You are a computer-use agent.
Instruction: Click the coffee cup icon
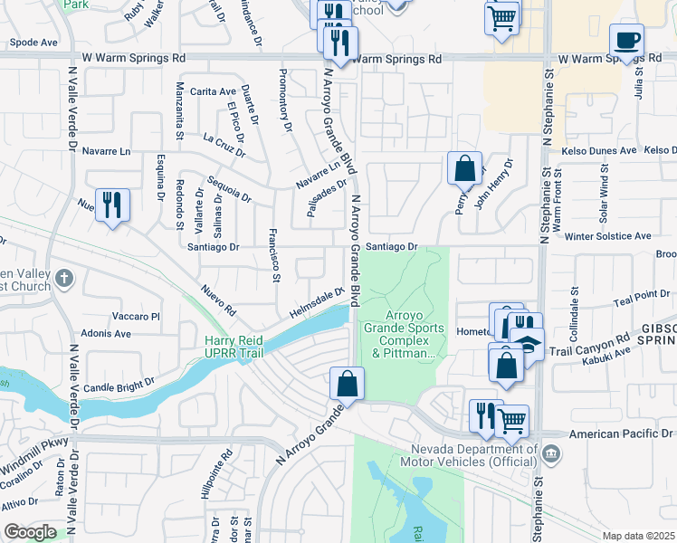pos(626,40)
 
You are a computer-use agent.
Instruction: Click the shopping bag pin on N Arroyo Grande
pos(347,383)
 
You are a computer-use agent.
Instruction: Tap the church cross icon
pos(63,279)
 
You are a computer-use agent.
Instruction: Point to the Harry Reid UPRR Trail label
pos(234,347)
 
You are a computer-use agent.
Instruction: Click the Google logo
pos(30,531)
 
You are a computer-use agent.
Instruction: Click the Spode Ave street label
pos(34,43)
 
